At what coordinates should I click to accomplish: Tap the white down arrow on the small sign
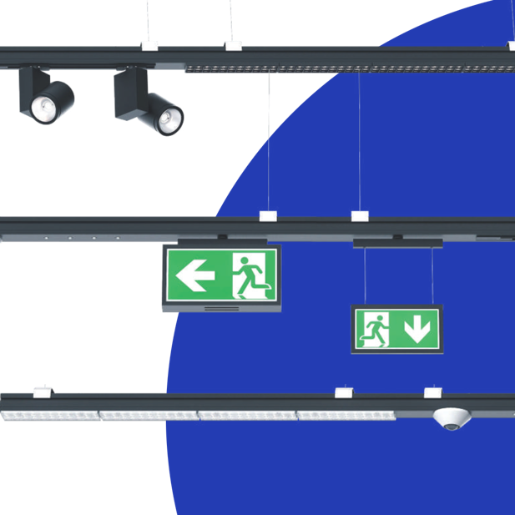click(x=417, y=330)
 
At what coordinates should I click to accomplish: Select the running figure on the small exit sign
click(x=371, y=330)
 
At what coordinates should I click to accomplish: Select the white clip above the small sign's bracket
click(x=360, y=216)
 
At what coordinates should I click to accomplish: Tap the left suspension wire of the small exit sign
click(x=365, y=275)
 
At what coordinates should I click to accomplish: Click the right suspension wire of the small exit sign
click(x=432, y=275)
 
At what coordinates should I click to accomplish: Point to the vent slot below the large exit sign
click(x=221, y=307)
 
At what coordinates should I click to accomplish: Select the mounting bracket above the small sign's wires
click(x=397, y=243)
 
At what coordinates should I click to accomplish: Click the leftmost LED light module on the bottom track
click(x=50, y=414)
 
